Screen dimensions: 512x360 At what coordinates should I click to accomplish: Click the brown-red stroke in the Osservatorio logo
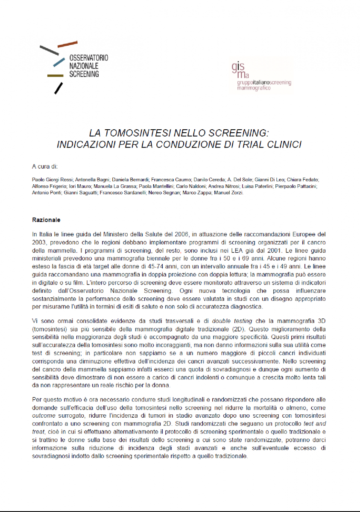(67, 44)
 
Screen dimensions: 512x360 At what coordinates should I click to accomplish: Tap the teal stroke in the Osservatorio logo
(58, 62)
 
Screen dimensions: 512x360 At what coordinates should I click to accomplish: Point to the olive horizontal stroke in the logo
(55, 76)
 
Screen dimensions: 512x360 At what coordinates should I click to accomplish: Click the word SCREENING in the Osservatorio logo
(84, 74)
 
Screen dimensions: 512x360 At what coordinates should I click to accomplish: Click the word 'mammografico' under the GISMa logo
(252, 87)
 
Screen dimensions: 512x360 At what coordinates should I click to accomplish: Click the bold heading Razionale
(46, 220)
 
